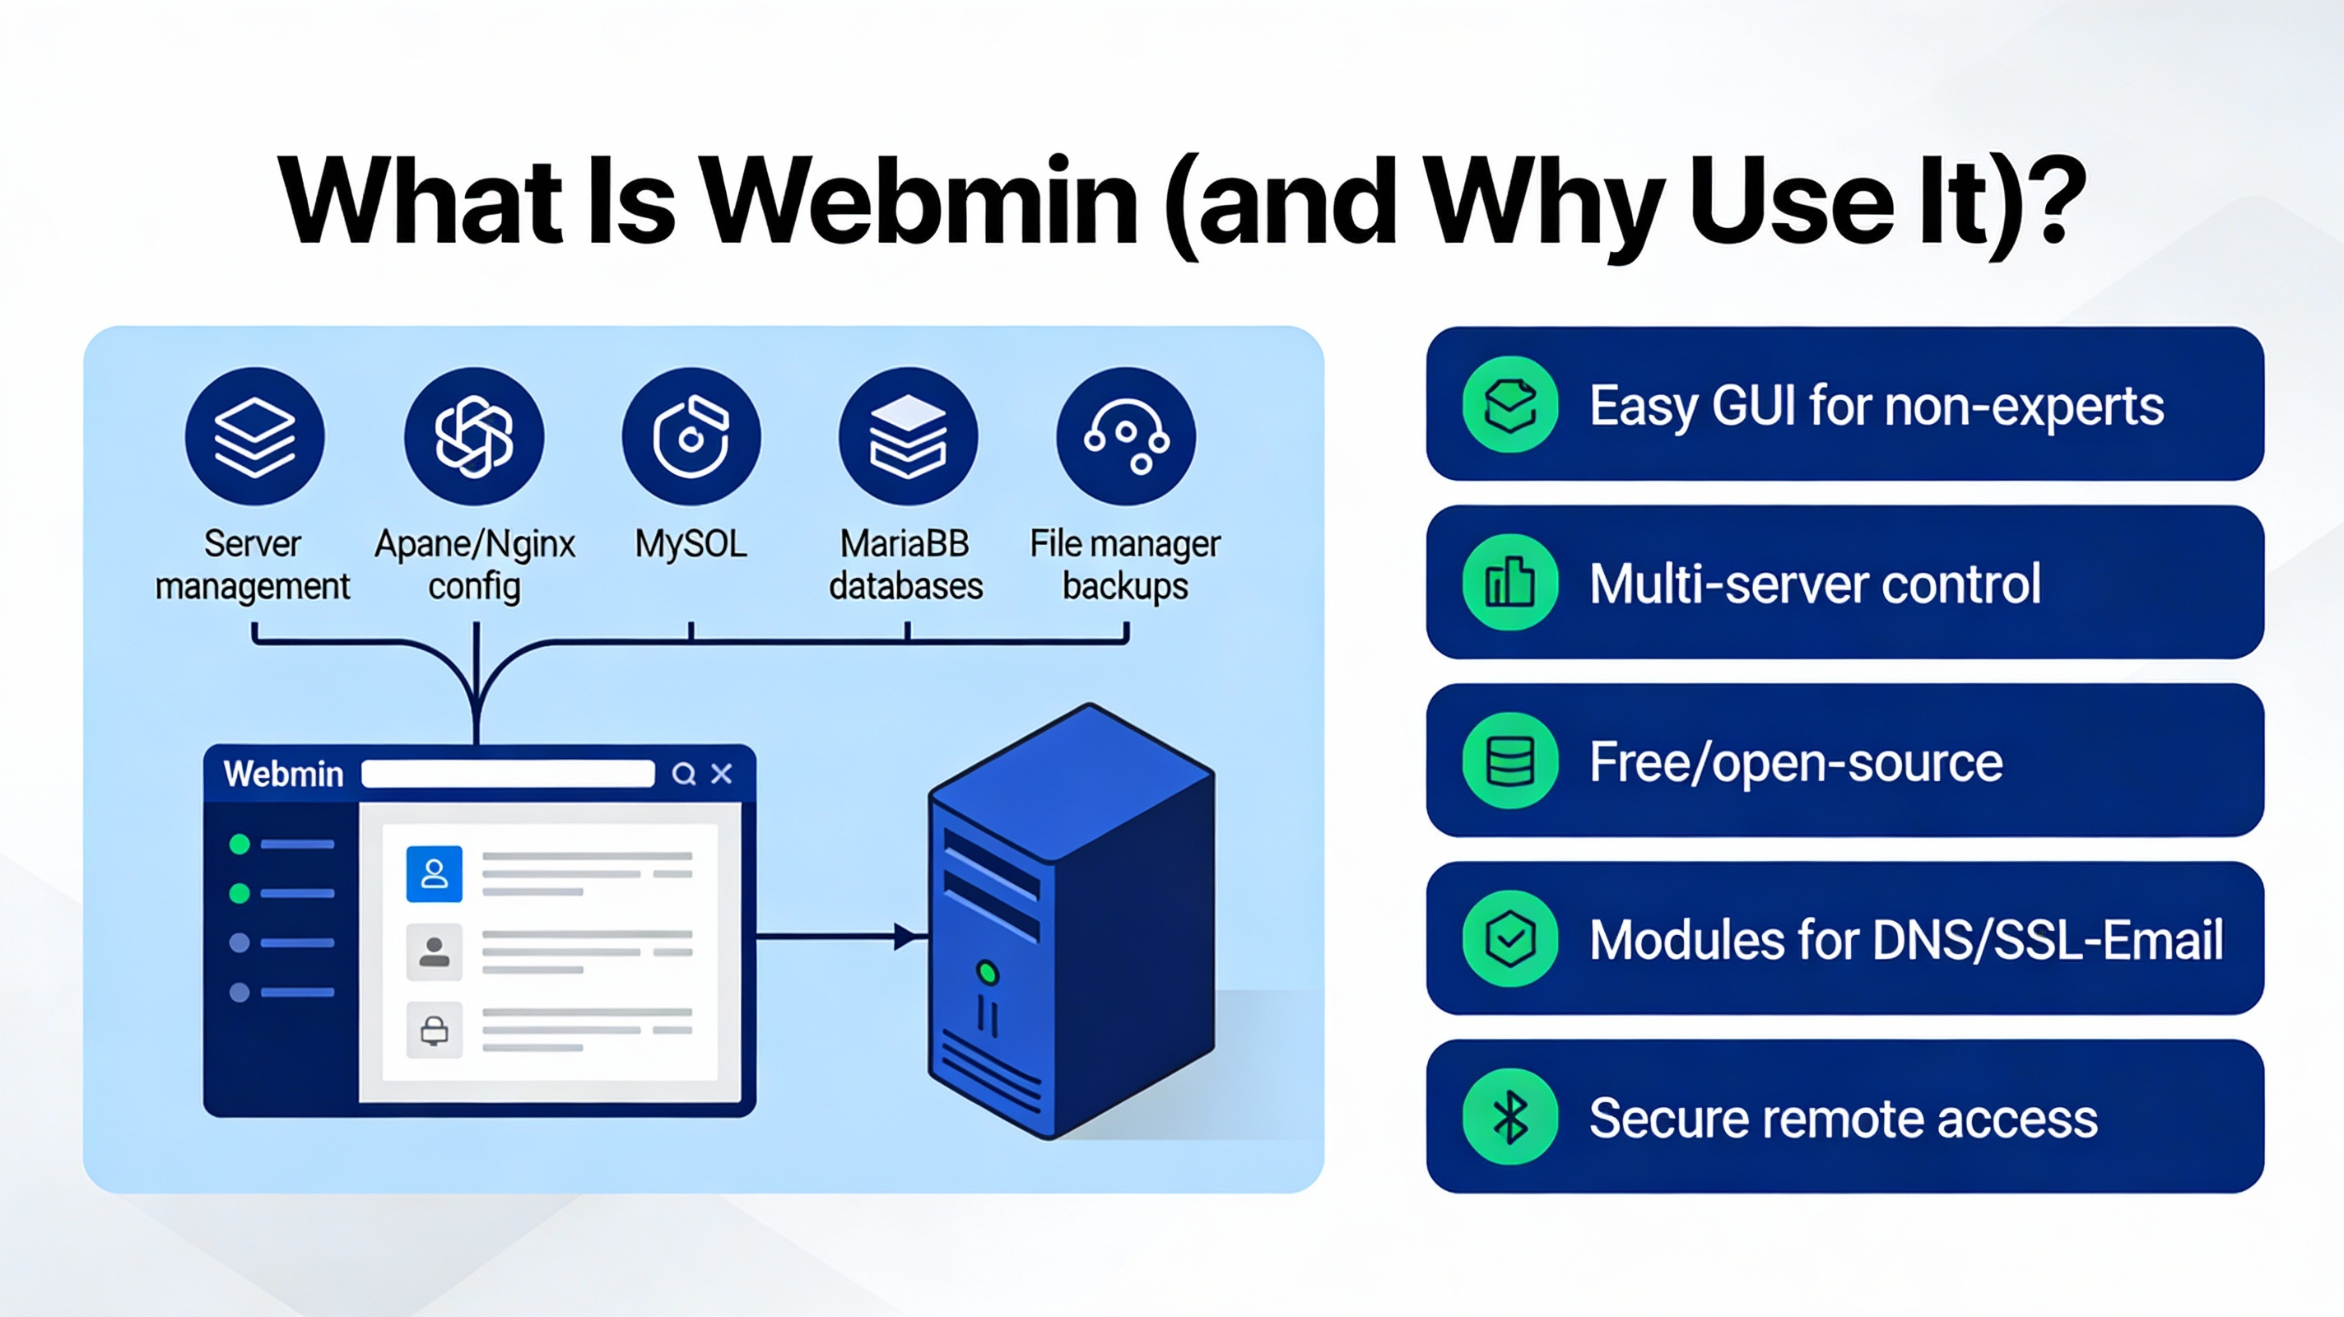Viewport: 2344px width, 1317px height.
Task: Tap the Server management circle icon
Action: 255,437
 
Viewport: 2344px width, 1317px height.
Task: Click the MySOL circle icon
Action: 691,437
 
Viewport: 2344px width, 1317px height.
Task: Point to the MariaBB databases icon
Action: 908,437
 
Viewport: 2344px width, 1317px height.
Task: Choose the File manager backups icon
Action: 1126,437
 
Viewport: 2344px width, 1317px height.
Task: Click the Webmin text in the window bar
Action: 283,774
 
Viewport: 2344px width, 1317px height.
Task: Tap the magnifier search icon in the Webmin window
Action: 683,774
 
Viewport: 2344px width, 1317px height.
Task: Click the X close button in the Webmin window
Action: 722,774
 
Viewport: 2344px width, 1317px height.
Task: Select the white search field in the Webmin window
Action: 508,774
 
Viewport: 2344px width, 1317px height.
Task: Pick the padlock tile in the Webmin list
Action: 434,1031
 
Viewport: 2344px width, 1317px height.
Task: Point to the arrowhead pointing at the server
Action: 906,936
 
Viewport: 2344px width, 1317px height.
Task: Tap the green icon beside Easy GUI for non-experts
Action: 1510,405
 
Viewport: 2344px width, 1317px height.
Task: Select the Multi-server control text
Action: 1815,584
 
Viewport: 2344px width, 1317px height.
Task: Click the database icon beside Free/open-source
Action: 1510,761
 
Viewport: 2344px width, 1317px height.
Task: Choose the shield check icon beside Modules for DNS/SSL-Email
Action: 1510,939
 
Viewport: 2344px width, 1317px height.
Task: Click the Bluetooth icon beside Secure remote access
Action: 1510,1118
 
